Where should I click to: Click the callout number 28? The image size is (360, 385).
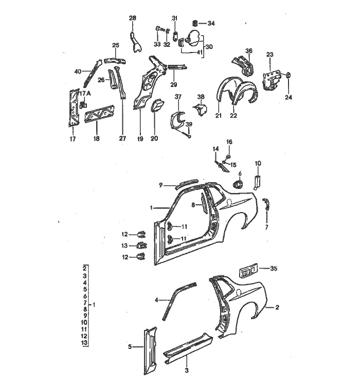[132, 19]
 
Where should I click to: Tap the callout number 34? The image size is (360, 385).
[211, 23]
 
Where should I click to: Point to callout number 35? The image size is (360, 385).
[274, 268]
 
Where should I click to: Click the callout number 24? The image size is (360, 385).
[287, 97]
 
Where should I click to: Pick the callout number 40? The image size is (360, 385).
[78, 71]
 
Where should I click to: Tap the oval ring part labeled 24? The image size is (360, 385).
[287, 76]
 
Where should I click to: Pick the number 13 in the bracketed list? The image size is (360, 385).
[84, 342]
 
